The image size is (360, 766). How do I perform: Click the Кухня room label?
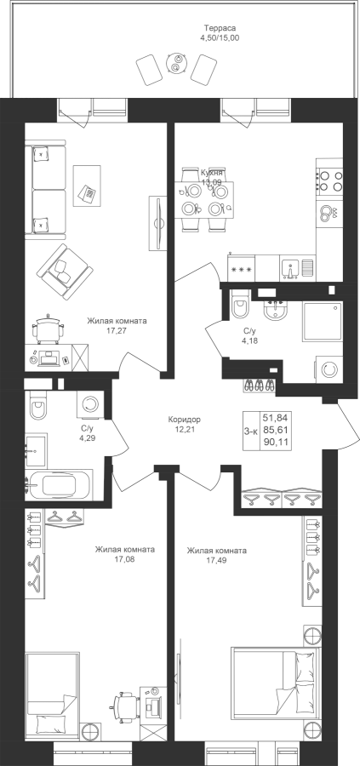pyautogui.click(x=213, y=173)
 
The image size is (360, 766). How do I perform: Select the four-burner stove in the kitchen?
pyautogui.click(x=329, y=180)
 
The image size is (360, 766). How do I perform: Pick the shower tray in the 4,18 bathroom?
pyautogui.click(x=323, y=322)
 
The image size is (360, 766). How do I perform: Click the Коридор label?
pyautogui.click(x=185, y=419)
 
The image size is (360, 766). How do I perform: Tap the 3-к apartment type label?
pyautogui.click(x=251, y=431)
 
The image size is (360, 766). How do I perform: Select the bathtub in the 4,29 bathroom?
pyautogui.click(x=59, y=485)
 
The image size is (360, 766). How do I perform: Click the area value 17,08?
pyautogui.click(x=125, y=559)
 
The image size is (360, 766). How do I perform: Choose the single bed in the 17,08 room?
pyautogui.click(x=52, y=695)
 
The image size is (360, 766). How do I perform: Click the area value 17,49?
pyautogui.click(x=216, y=560)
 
